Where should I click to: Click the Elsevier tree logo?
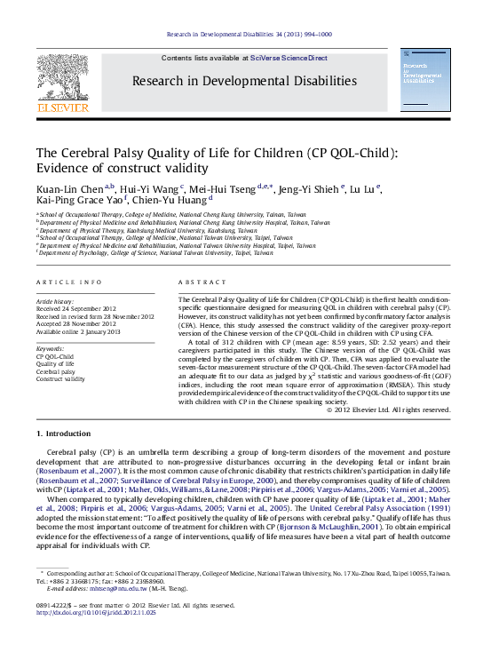tap(62, 78)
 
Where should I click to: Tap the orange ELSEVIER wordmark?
tap(62, 107)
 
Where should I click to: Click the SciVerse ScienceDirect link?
tap(288, 58)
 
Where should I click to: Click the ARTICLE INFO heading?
tap(68, 282)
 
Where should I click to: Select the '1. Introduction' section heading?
tap(63, 433)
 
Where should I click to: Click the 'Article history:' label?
tap(55, 302)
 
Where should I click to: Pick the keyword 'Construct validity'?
tap(60, 378)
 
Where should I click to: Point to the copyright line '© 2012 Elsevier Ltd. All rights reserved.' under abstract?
tap(389, 410)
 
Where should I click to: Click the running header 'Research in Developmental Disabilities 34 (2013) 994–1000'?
tap(249, 34)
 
